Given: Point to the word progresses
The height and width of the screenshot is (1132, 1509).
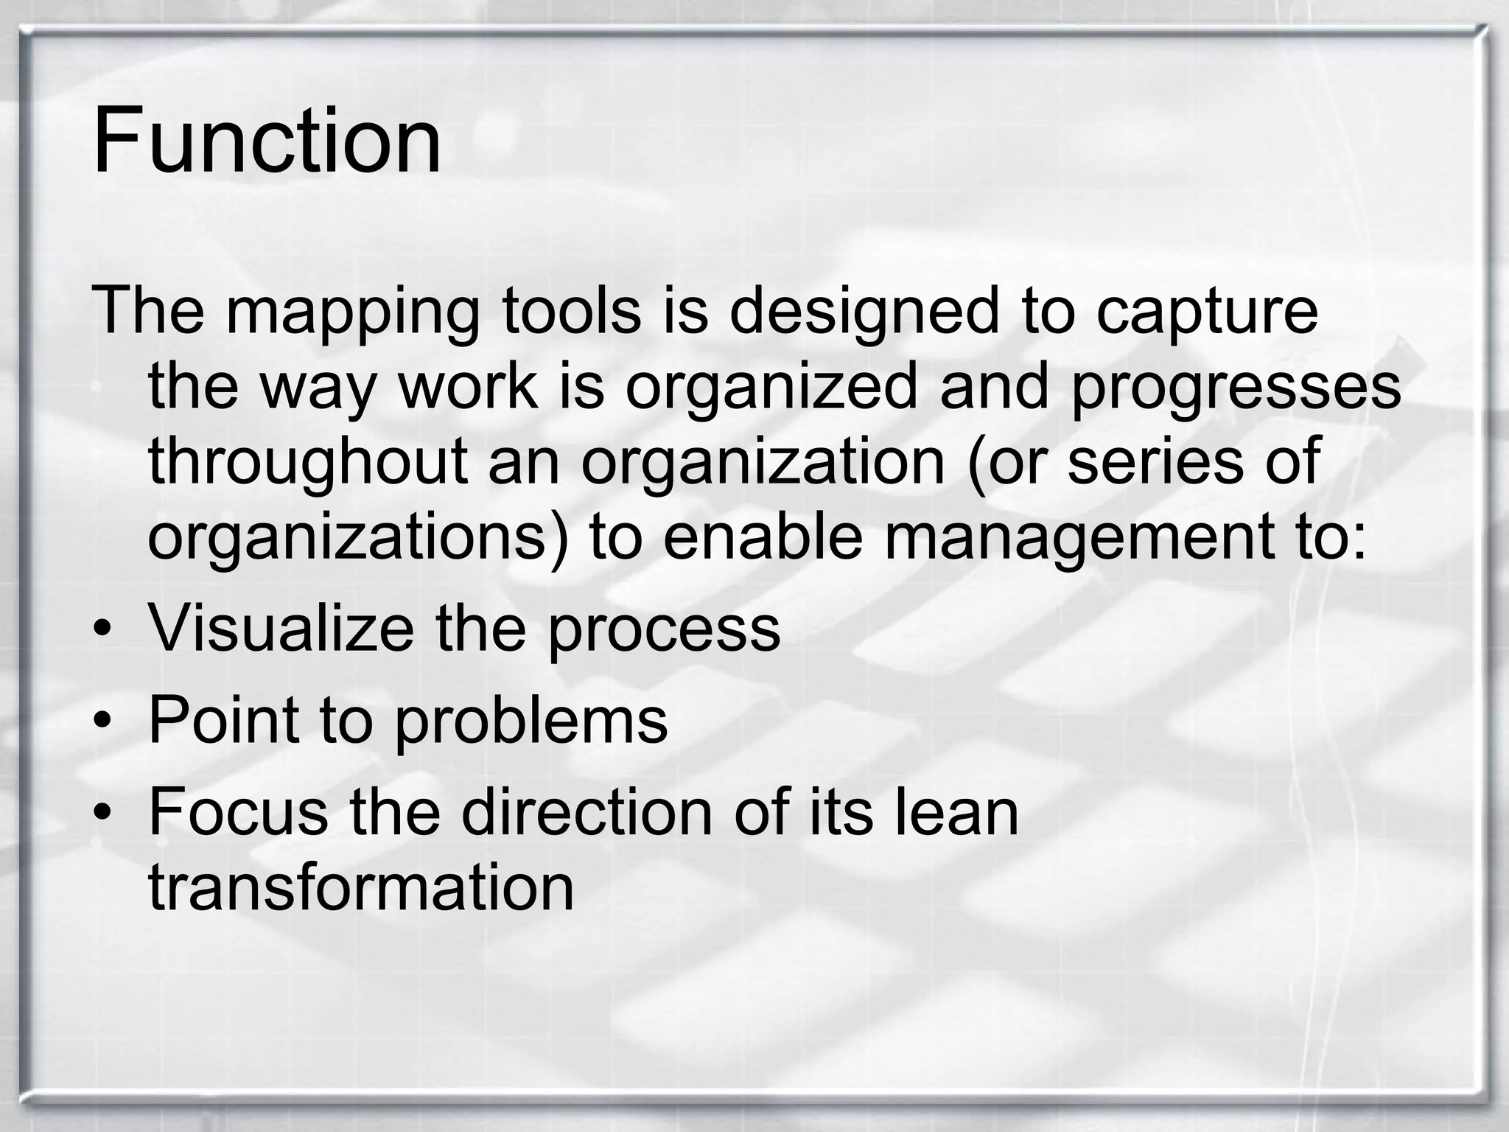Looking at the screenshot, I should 1236,389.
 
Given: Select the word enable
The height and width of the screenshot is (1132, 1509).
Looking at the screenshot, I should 763,538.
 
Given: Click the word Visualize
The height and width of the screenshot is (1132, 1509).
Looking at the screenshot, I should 281,628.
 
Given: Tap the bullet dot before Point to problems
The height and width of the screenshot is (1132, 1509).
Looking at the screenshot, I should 102,722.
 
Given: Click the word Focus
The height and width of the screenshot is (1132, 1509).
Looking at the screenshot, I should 238,811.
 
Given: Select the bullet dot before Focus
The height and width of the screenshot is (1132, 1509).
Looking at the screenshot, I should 102,814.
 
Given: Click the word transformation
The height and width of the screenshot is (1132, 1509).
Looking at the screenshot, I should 361,888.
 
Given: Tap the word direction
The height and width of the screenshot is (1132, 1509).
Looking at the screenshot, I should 587,811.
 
